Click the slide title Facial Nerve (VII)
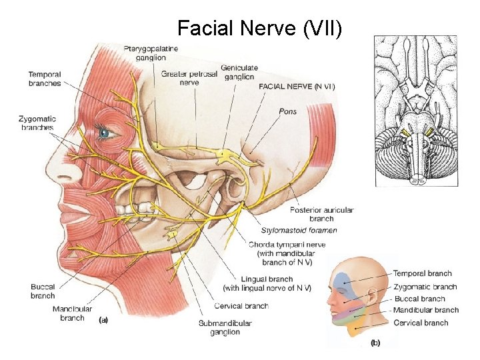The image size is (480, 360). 260,29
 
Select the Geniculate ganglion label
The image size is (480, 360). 239,72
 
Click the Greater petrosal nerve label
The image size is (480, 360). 189,78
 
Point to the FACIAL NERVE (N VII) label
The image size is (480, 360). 296,87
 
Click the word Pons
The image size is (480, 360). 287,111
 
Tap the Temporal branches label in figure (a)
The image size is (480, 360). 45,79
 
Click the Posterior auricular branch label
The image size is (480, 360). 321,214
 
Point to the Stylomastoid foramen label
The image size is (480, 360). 299,230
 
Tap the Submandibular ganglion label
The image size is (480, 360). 225,327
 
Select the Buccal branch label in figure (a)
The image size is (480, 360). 43,291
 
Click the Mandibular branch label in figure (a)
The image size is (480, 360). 72,313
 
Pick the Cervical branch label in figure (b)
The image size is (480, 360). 421,323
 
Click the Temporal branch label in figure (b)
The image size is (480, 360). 422,273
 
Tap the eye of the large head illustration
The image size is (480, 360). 104,133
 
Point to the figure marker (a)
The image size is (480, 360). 103,319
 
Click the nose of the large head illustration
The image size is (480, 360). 67,172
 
